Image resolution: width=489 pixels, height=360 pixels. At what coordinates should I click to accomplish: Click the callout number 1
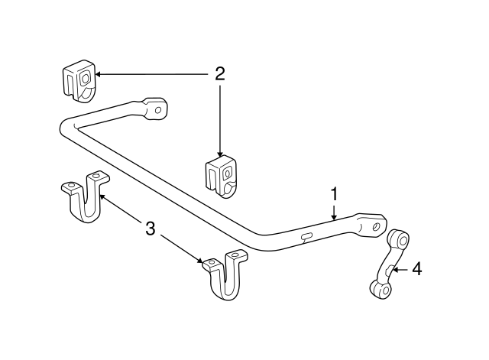click(334, 194)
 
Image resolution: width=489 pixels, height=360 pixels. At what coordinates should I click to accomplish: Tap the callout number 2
click(220, 74)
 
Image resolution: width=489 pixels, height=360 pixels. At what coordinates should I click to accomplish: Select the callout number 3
click(151, 227)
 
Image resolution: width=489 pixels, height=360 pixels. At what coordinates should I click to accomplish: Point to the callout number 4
click(416, 268)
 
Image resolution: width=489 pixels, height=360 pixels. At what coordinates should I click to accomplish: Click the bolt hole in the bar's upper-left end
click(159, 110)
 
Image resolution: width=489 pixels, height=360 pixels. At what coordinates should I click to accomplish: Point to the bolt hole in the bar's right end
click(375, 225)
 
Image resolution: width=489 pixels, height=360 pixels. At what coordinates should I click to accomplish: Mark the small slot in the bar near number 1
click(306, 237)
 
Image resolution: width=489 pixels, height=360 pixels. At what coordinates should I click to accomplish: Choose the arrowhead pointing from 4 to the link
click(394, 269)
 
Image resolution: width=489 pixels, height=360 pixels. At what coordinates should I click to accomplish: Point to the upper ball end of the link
click(396, 237)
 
